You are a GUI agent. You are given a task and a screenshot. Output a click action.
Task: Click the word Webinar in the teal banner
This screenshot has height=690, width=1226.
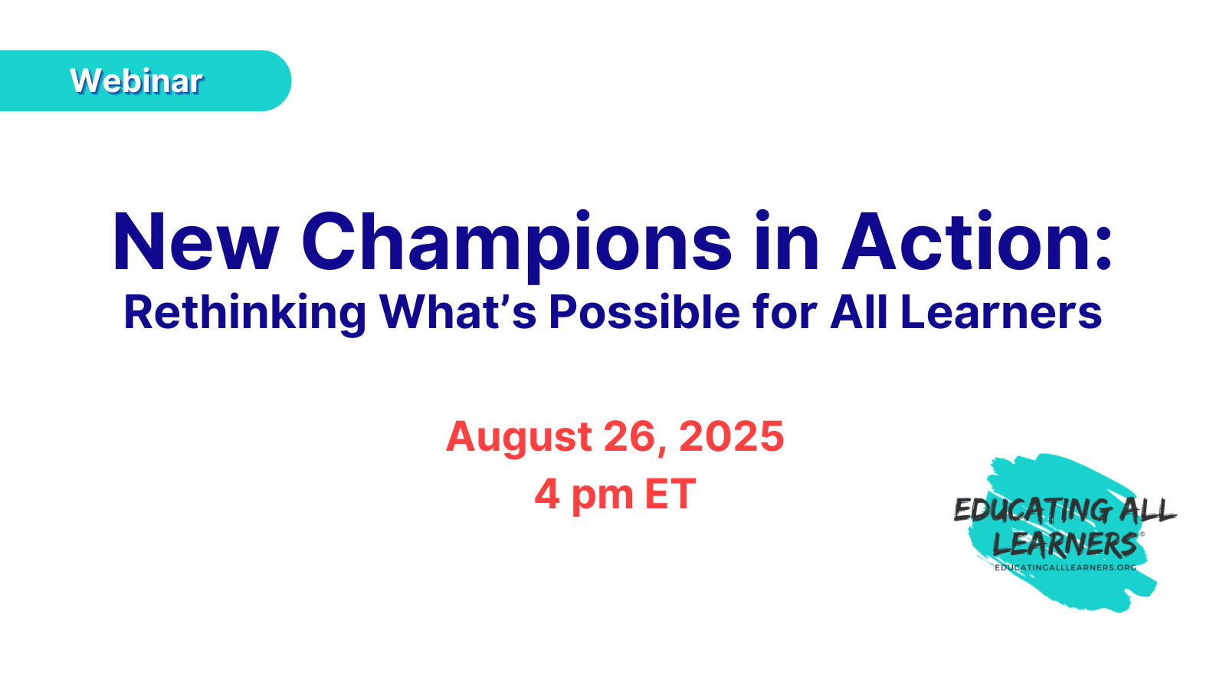point(136,81)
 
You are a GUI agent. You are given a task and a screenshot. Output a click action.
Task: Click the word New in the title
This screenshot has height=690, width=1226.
point(195,241)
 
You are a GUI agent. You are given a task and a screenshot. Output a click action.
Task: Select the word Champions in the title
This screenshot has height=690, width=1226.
point(516,245)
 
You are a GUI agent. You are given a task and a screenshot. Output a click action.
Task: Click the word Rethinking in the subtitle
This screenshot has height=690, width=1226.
point(244,314)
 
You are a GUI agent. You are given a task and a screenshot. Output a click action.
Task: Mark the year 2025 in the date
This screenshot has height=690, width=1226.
point(731,436)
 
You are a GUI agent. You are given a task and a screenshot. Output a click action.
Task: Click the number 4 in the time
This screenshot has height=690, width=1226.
point(547,494)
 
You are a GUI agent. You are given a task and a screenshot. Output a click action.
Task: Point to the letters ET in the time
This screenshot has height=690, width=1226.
point(670,494)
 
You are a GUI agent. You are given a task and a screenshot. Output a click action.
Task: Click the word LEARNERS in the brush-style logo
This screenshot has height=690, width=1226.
point(1065,544)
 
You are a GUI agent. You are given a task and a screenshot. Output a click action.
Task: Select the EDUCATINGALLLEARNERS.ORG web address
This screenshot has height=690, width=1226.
point(1065,568)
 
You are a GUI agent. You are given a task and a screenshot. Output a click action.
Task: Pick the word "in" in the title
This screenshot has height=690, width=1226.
point(786,241)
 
